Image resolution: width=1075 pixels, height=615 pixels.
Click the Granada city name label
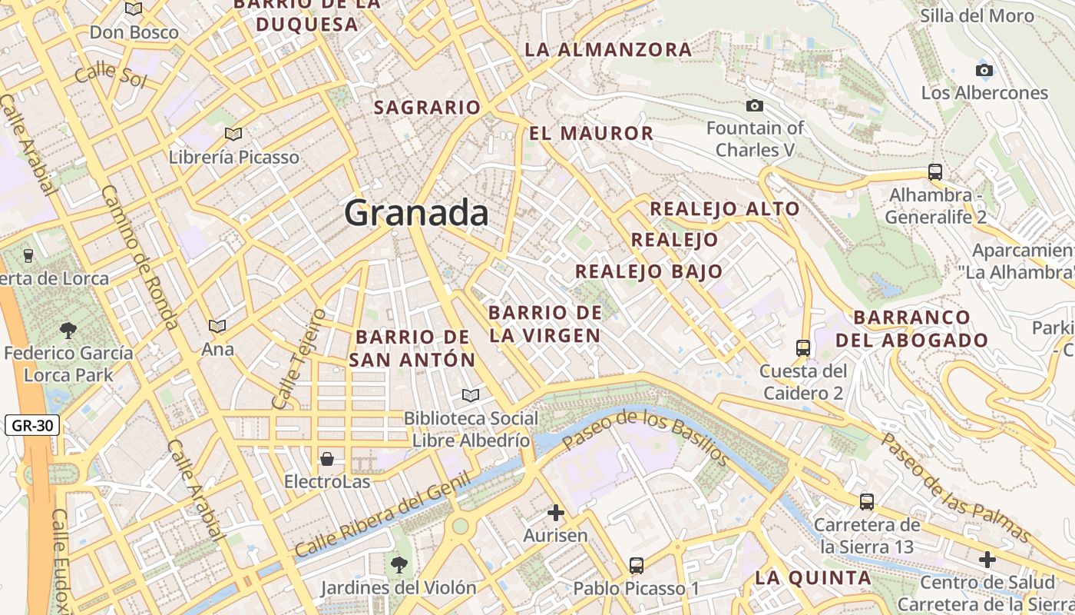point(416,212)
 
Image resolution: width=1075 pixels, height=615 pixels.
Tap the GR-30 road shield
point(31,425)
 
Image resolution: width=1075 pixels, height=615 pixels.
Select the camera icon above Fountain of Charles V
point(755,105)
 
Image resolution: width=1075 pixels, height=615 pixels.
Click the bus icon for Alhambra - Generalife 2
point(934,172)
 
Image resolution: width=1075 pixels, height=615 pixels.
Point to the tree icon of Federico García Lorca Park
point(68,331)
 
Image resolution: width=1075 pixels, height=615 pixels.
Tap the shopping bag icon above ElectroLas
point(327,459)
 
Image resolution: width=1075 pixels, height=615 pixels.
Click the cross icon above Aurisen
point(556,512)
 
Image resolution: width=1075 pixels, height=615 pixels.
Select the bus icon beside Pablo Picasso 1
point(636,566)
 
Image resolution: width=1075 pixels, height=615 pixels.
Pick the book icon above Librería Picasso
point(233,135)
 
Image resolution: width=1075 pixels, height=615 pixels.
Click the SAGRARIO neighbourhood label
point(427,108)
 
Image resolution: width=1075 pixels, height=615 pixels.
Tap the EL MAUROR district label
point(590,133)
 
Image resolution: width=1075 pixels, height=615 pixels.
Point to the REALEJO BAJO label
point(649,271)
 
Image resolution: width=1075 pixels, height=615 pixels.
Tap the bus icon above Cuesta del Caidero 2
point(802,348)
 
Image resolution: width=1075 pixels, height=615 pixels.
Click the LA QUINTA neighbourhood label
point(812,577)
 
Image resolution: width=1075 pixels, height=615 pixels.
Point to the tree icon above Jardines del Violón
point(399,565)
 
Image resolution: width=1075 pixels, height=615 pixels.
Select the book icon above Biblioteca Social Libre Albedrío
point(470,395)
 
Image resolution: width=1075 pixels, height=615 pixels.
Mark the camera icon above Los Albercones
point(984,71)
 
